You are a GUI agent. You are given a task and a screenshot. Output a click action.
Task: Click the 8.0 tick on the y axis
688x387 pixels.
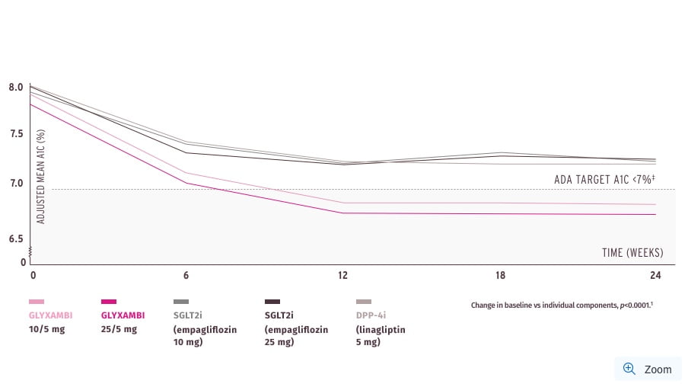tap(16, 88)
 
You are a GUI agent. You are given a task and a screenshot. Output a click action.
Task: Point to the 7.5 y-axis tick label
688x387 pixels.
tap(16, 134)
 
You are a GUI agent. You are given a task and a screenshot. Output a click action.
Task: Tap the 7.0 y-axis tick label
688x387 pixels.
tap(16, 183)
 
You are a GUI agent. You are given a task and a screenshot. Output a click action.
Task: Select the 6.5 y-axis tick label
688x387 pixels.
tap(16, 238)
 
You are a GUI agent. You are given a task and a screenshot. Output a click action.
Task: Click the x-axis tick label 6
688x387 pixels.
tap(186, 274)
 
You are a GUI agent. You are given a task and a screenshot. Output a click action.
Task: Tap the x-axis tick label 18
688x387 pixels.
tap(499, 274)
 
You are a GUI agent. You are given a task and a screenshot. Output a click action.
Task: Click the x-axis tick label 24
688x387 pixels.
tap(655, 274)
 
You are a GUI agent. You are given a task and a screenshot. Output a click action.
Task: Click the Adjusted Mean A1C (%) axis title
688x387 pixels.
tap(41, 176)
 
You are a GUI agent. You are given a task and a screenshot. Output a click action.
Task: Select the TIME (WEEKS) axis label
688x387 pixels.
tap(632, 253)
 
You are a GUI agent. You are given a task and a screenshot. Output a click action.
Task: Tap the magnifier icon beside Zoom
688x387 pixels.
tap(629, 369)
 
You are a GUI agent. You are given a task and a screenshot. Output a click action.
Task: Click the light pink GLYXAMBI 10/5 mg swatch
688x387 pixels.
tap(37, 302)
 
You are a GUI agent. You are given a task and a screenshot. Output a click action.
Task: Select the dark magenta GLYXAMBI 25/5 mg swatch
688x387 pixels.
tap(109, 302)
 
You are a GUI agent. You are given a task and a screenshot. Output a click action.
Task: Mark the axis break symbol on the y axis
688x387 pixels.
tap(30, 251)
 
